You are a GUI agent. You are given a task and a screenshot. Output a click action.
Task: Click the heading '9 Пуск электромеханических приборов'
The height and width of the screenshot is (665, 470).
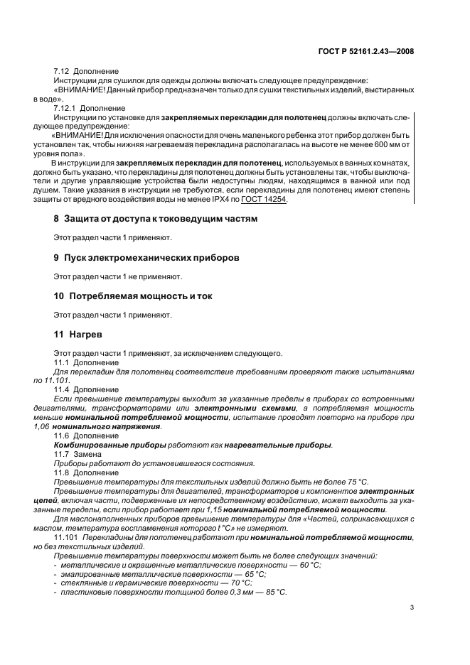[x=141, y=256]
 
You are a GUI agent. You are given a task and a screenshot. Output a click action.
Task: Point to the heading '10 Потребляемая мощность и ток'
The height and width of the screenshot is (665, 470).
[x=133, y=295]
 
